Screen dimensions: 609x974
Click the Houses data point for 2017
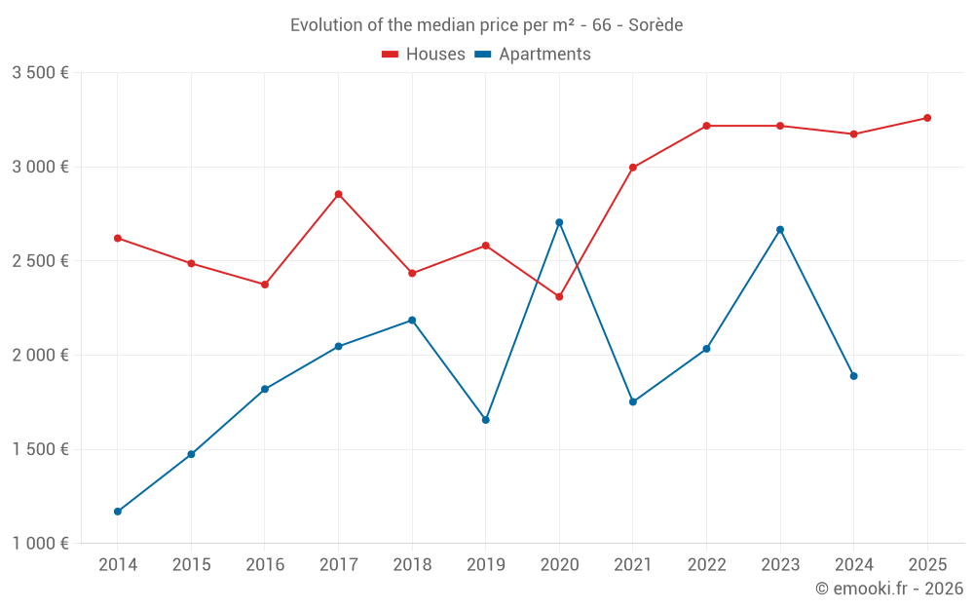(x=338, y=194)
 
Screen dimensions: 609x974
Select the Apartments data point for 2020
(x=559, y=222)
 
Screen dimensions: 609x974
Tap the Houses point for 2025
(x=927, y=118)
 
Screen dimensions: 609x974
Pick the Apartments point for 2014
(x=118, y=512)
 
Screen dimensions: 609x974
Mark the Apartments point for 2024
(x=853, y=376)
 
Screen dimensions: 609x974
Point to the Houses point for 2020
(x=559, y=296)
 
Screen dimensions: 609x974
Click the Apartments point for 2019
(x=485, y=420)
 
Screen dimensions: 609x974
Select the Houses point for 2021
(x=633, y=168)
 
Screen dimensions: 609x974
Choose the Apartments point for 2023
(x=780, y=230)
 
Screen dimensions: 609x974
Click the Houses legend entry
(x=424, y=55)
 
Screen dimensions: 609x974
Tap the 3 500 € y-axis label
(x=40, y=73)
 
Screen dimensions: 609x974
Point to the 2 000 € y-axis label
(x=40, y=356)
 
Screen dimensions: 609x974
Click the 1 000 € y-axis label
(x=40, y=544)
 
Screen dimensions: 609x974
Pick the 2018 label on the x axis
(x=412, y=565)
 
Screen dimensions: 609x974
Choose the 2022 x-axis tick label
(x=706, y=565)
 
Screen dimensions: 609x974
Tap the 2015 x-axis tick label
(x=191, y=565)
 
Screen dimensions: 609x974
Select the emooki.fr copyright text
(x=889, y=589)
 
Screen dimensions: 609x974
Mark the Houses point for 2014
(x=118, y=238)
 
